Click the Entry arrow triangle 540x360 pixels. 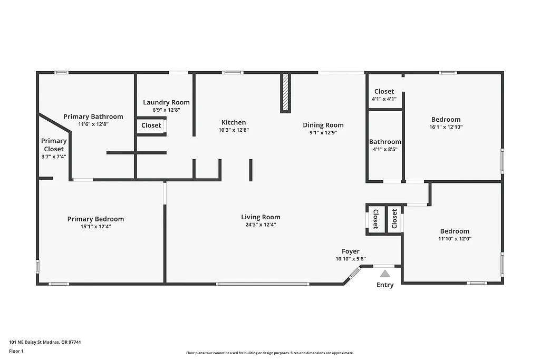coord(385,273)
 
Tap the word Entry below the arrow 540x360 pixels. coord(385,285)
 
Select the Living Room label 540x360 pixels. coord(261,217)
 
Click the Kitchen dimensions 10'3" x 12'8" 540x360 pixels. coord(234,130)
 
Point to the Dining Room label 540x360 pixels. coord(323,125)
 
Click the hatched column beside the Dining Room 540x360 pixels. coord(285,92)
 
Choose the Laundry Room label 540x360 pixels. coord(166,102)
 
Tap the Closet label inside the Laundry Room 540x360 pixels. coord(151,125)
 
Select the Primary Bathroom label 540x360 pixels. coord(93,116)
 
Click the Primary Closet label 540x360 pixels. coord(54,145)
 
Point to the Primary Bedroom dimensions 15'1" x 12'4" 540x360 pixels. coord(95,227)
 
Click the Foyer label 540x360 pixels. coord(351,251)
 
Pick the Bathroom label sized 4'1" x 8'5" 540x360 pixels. coord(385,142)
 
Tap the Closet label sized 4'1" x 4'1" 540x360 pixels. coord(384,91)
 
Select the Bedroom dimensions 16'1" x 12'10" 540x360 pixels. coord(446,127)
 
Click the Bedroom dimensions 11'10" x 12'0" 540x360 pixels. coord(455,239)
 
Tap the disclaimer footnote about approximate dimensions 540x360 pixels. coord(269,353)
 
